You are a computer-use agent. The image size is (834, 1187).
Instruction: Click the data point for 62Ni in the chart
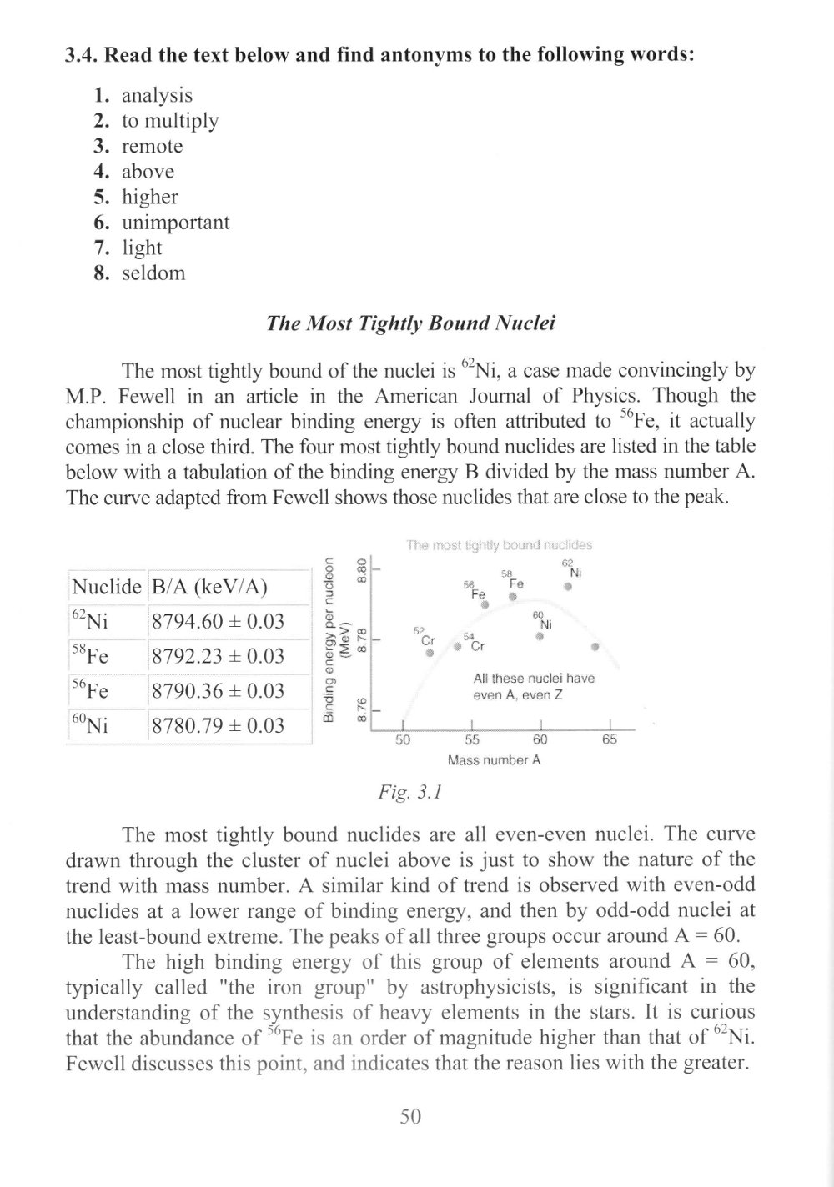click(x=567, y=588)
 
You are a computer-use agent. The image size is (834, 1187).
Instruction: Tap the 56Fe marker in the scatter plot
click(x=485, y=605)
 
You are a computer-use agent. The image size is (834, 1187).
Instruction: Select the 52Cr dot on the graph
click(x=430, y=653)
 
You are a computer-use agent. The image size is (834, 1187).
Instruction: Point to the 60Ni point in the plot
click(x=540, y=637)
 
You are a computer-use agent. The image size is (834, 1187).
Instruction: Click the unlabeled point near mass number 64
click(x=595, y=647)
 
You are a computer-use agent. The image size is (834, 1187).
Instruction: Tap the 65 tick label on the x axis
click(x=610, y=740)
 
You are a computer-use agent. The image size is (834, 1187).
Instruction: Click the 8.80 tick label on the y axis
click(x=362, y=569)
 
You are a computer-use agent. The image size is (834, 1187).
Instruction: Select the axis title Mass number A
click(x=494, y=760)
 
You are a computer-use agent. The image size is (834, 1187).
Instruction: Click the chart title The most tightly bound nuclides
click(x=499, y=545)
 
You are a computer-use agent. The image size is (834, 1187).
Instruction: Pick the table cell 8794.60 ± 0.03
click(x=219, y=622)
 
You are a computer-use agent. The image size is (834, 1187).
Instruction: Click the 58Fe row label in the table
click(x=90, y=656)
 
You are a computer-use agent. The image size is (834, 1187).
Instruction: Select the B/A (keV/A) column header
click(x=208, y=587)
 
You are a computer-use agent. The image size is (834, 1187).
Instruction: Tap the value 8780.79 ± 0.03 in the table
click(x=219, y=725)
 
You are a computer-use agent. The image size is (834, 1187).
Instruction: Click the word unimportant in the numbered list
click(x=175, y=223)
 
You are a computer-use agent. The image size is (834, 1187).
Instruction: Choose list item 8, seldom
click(x=153, y=273)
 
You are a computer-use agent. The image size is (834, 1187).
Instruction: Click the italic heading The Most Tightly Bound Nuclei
click(x=410, y=323)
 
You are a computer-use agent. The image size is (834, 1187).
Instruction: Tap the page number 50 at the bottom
click(x=410, y=1117)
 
